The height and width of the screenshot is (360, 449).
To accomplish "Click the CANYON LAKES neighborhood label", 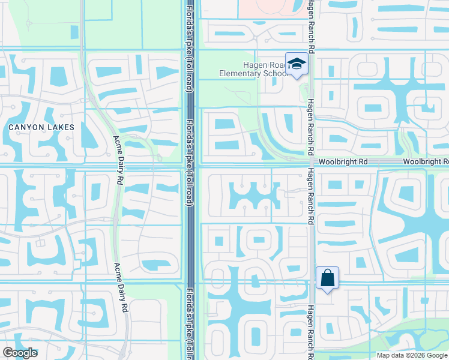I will pyautogui.click(x=41, y=127).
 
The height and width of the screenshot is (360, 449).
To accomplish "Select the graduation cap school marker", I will pyautogui.click(x=297, y=64).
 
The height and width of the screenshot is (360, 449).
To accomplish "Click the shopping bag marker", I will pyautogui.click(x=327, y=278).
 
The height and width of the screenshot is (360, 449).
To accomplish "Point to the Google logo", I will pyautogui.click(x=20, y=353).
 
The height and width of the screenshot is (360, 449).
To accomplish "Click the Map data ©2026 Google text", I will pyautogui.click(x=412, y=355).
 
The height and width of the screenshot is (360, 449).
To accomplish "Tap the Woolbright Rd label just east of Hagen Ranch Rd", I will pyautogui.click(x=343, y=162).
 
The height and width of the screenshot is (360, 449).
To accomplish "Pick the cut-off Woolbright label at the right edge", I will pyautogui.click(x=426, y=162).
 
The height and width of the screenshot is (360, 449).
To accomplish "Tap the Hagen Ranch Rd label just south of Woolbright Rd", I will pyautogui.click(x=310, y=195).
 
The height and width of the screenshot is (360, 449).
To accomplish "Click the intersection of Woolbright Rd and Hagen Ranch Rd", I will pyautogui.click(x=311, y=162).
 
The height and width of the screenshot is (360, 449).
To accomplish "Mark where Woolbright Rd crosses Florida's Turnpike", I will pyautogui.click(x=190, y=164).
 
